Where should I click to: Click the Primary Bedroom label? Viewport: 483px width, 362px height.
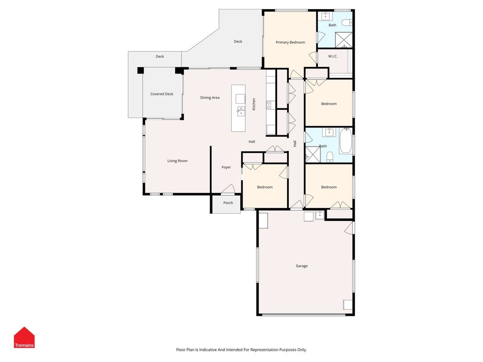290,42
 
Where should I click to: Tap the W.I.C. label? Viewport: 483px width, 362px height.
333,56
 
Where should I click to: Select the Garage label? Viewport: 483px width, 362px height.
301,266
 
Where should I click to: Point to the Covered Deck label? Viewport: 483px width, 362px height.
162,94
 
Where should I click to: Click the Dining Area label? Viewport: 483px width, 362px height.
210,98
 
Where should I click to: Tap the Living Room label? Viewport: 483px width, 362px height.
177,161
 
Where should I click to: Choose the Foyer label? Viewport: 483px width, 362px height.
226,167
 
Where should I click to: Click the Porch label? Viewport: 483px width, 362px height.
228,203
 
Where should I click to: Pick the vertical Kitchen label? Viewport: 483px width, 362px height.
254,104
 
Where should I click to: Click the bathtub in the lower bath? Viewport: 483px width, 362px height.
346,141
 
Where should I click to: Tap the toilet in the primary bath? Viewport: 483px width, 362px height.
347,23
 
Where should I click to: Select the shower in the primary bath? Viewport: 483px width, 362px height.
344,40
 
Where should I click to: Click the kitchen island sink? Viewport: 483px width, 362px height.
241,111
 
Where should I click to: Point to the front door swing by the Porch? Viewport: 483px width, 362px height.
228,189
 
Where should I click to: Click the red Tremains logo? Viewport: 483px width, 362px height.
24,338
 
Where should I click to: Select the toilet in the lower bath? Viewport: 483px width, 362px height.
330,157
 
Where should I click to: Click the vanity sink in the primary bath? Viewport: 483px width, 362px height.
325,16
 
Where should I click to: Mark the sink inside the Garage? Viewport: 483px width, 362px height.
320,215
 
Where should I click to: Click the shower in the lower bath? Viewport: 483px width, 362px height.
313,154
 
